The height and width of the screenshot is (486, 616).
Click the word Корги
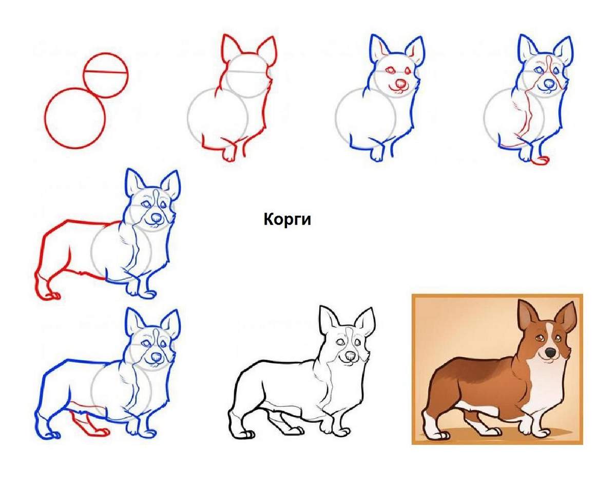click(287, 219)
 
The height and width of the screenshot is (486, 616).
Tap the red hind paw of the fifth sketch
click(49, 295)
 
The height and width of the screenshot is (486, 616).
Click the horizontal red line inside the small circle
click(106, 72)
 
